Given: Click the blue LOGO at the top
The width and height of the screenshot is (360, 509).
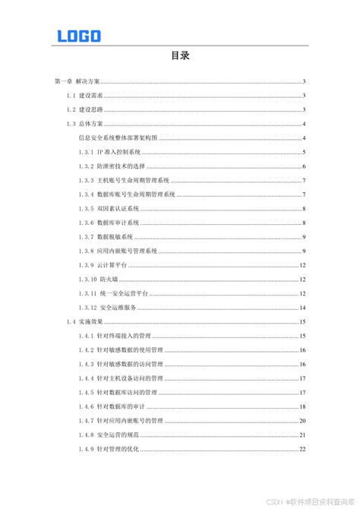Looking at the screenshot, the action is point(78,35).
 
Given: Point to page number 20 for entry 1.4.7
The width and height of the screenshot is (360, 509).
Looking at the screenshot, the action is point(302,420).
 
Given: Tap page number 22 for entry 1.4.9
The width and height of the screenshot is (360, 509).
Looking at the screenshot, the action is point(302,448).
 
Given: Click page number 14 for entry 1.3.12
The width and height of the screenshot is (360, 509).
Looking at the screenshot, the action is point(302,307).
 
